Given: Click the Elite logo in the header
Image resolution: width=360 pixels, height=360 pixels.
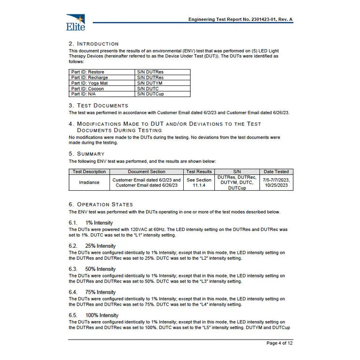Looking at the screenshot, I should tap(76, 22).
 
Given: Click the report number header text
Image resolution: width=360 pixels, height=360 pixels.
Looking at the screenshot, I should tap(240, 19).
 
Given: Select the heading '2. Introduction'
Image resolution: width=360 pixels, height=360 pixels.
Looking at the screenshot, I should tap(94, 44).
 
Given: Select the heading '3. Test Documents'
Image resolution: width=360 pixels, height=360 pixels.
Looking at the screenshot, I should tap(98, 105).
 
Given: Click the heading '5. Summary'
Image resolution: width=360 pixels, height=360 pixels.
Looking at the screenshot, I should tap(87, 154).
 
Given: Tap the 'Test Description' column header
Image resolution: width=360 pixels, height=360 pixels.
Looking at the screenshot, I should tap(89, 172).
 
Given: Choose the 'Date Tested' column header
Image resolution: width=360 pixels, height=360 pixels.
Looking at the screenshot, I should tap(276, 172).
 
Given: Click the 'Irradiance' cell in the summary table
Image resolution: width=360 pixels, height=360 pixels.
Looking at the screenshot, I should tap(89, 182).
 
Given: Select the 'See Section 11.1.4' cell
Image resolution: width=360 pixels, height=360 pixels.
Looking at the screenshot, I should tap(199, 182).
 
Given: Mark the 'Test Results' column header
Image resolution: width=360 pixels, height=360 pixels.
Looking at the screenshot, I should tap(199, 172).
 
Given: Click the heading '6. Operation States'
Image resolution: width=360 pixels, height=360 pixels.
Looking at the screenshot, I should tap(101, 204).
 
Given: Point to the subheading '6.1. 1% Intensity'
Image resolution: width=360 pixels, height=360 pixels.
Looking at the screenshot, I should tap(91, 223).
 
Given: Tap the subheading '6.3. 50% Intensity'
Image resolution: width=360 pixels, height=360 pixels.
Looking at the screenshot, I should tap(92, 269).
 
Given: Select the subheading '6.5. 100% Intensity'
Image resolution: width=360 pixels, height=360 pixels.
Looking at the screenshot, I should tap(94, 315).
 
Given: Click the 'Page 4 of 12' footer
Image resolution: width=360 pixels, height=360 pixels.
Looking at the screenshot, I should tap(279, 343).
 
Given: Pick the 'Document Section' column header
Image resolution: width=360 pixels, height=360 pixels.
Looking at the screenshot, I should tap(147, 172).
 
